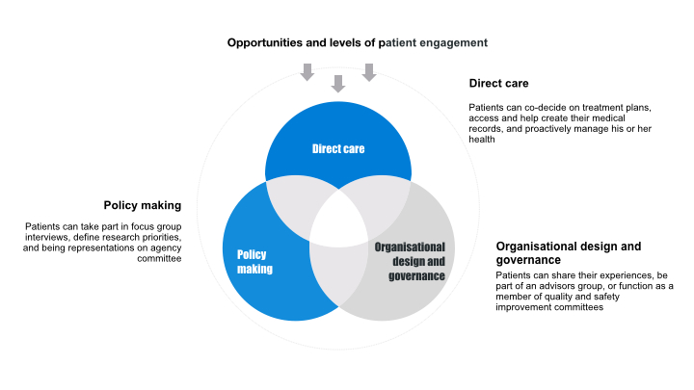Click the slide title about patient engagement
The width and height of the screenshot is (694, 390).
point(357,42)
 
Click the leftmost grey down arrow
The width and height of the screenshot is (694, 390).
point(307,71)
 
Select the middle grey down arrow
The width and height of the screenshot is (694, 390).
point(337,84)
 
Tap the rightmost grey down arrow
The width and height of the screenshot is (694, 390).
point(368,71)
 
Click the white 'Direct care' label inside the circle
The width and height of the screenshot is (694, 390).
point(338,148)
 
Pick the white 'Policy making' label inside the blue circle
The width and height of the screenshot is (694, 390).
point(254,262)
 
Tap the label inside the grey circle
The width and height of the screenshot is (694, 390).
point(410,262)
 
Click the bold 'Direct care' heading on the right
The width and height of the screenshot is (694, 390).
point(498,84)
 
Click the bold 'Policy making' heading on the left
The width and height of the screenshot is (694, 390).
point(143,205)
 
